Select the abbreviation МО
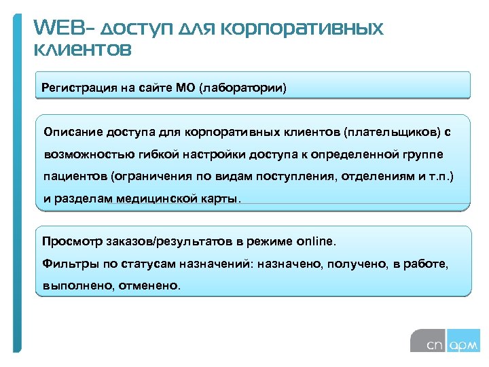click(185, 88)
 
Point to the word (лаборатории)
click(242, 88)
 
